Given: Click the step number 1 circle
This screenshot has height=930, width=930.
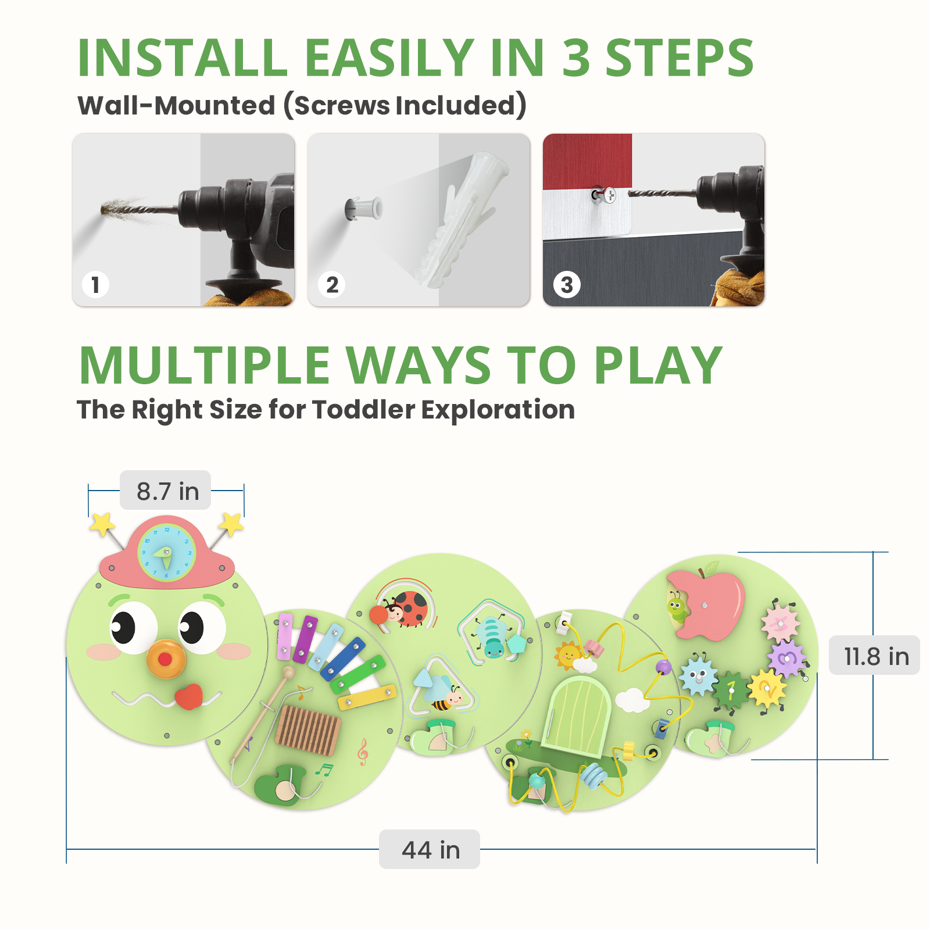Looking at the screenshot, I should click(x=95, y=285).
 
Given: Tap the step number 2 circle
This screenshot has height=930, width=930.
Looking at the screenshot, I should click(x=332, y=285).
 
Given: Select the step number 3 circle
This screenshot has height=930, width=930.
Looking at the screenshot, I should click(x=567, y=285).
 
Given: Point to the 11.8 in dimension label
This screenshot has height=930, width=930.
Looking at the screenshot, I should click(x=875, y=656).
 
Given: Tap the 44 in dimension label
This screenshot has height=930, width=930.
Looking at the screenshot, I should click(x=430, y=850).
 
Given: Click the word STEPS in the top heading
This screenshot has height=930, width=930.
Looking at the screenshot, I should click(x=679, y=58).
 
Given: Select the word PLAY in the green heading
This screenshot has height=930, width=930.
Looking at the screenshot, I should click(x=658, y=366).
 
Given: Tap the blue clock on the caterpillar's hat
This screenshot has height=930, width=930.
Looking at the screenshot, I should click(x=166, y=553).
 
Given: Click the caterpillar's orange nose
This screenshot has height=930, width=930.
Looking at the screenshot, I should click(x=166, y=659).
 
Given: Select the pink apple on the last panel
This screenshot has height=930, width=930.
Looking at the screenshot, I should click(x=709, y=604).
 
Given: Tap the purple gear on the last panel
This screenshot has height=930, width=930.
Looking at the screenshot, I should click(x=786, y=659).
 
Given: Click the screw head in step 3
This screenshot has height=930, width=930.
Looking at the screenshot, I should click(x=609, y=195).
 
